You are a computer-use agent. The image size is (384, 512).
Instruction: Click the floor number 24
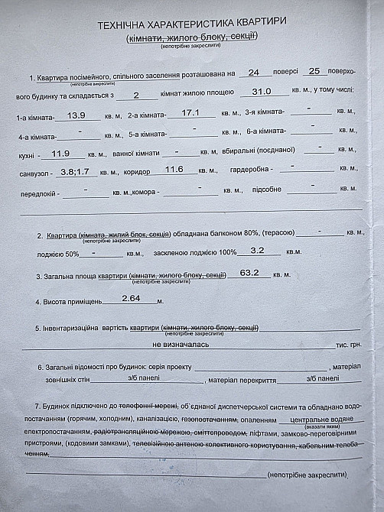[254, 73]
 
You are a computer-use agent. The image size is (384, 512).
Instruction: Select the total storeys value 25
[314, 71]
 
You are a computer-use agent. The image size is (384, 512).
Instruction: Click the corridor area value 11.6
[174, 169]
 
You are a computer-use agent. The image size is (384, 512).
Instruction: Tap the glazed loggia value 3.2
[256, 250]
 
